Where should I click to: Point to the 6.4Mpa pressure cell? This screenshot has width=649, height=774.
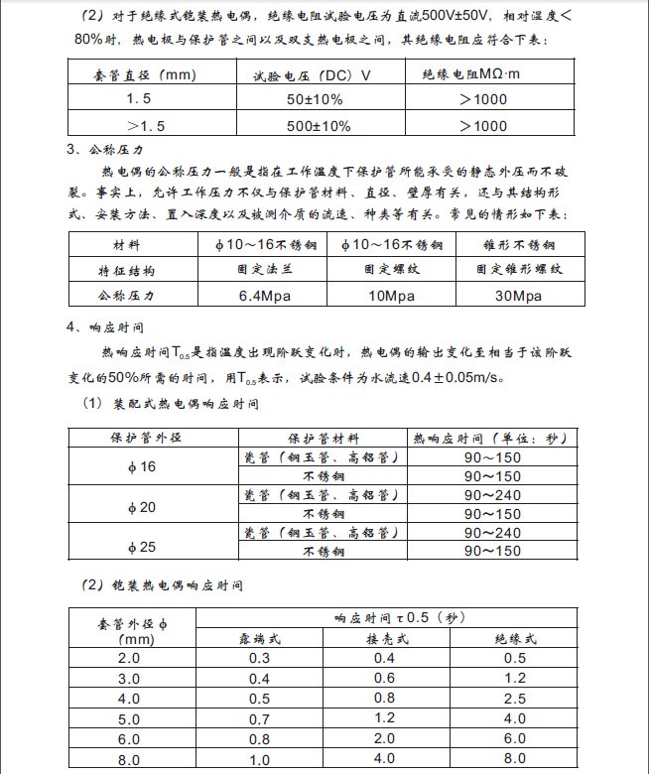tap(263, 296)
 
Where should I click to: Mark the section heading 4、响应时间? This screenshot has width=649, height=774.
tap(106, 326)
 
